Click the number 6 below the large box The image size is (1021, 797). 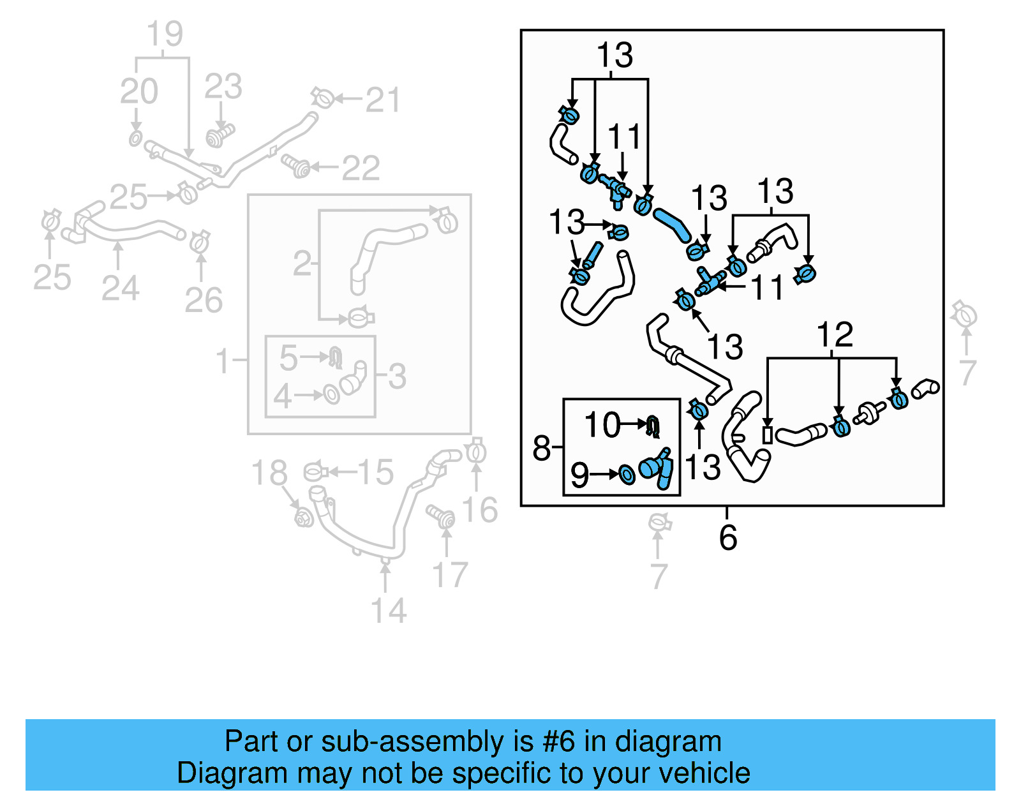click(x=727, y=537)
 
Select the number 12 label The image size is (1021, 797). click(x=835, y=334)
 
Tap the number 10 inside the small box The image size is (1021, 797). click(x=602, y=425)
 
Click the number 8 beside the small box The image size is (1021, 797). click(x=541, y=448)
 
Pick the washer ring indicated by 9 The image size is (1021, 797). click(x=627, y=474)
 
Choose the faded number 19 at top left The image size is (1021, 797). click(x=165, y=34)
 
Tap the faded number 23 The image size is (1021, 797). click(x=223, y=86)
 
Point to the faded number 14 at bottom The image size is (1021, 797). click(x=389, y=611)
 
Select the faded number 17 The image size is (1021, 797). click(x=450, y=575)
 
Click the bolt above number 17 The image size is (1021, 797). click(x=442, y=516)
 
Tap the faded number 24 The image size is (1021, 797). click(x=120, y=288)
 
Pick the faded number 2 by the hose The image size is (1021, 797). click(x=302, y=264)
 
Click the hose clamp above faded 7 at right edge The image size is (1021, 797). click(x=964, y=314)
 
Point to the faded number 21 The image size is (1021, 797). click(x=383, y=100)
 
